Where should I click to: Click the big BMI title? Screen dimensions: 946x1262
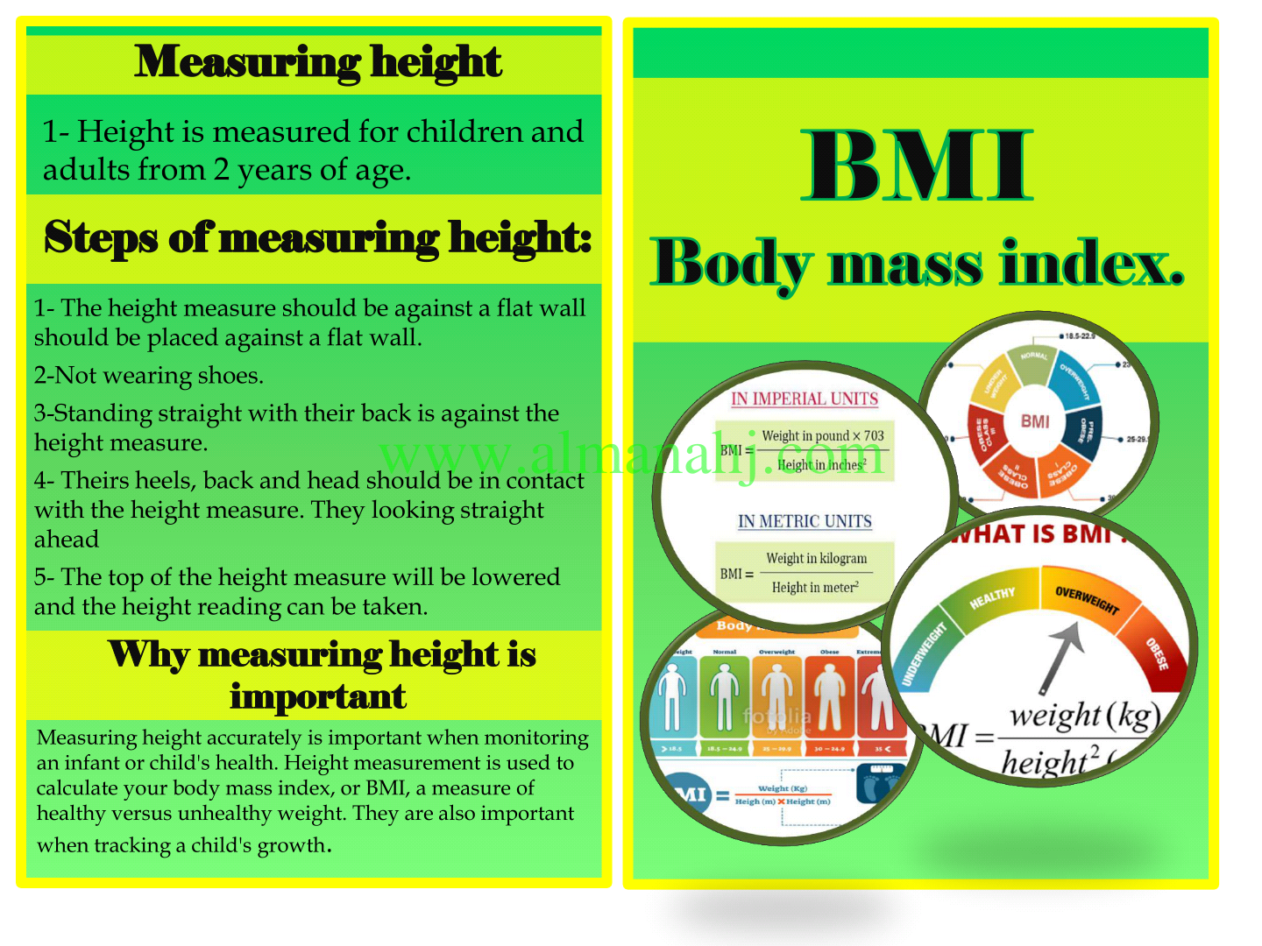pos(918,166)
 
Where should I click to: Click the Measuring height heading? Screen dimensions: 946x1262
pos(318,63)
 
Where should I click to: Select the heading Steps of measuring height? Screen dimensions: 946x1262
pos(318,237)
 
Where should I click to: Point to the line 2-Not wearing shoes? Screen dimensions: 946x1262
pos(149,376)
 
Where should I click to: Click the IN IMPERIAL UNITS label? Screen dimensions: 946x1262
pos(805,399)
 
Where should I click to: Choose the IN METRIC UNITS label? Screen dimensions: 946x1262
pos(805,522)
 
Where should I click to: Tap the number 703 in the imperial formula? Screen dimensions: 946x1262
pos(874,436)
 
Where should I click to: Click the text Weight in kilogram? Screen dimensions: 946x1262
pos(816,559)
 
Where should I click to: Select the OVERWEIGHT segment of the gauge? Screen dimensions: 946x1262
pos(1087,600)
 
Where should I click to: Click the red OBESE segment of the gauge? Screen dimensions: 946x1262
pos(1158,653)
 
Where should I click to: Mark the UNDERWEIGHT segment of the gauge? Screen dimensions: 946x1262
pos(925,653)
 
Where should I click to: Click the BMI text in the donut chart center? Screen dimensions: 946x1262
pos(1035,422)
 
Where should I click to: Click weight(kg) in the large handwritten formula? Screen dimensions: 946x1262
pos(1084,717)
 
